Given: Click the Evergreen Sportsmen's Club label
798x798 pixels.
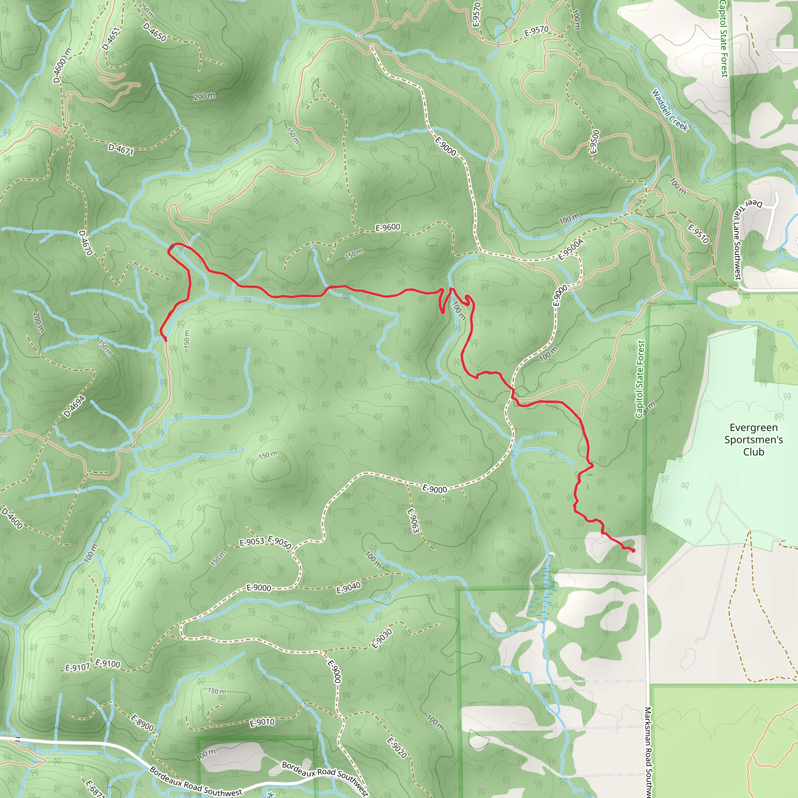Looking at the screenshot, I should point(754,440).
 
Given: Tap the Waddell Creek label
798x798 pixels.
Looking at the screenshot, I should point(669,110).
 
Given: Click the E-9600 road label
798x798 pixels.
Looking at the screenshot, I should point(387,227).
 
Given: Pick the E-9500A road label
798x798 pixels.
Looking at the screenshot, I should point(571,249).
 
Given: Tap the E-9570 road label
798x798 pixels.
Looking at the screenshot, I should point(536,30).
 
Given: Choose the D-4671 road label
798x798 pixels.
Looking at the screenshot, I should point(121,149).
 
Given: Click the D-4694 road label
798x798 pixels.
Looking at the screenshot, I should point(74,406).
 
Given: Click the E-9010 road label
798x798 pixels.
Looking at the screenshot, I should point(262,722).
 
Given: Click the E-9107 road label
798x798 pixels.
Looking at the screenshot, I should point(77,667).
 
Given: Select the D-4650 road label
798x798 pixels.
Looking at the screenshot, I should point(154,32).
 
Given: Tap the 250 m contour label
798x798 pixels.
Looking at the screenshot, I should point(147,11).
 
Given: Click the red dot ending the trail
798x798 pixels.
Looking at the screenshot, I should point(633,550).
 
